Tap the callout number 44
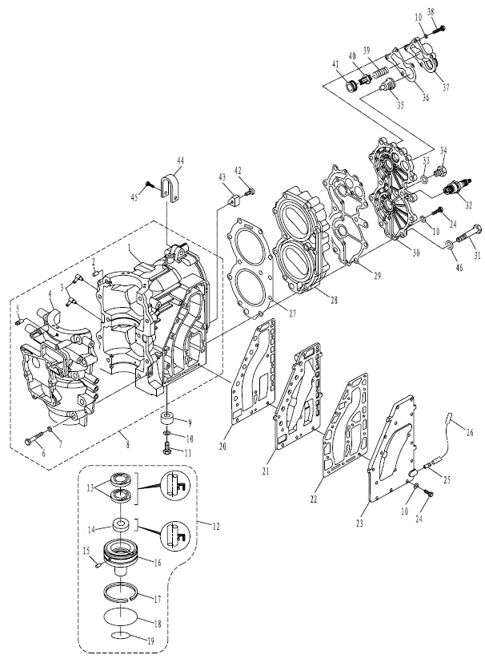180,160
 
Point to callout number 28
334,301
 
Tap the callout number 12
216,525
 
